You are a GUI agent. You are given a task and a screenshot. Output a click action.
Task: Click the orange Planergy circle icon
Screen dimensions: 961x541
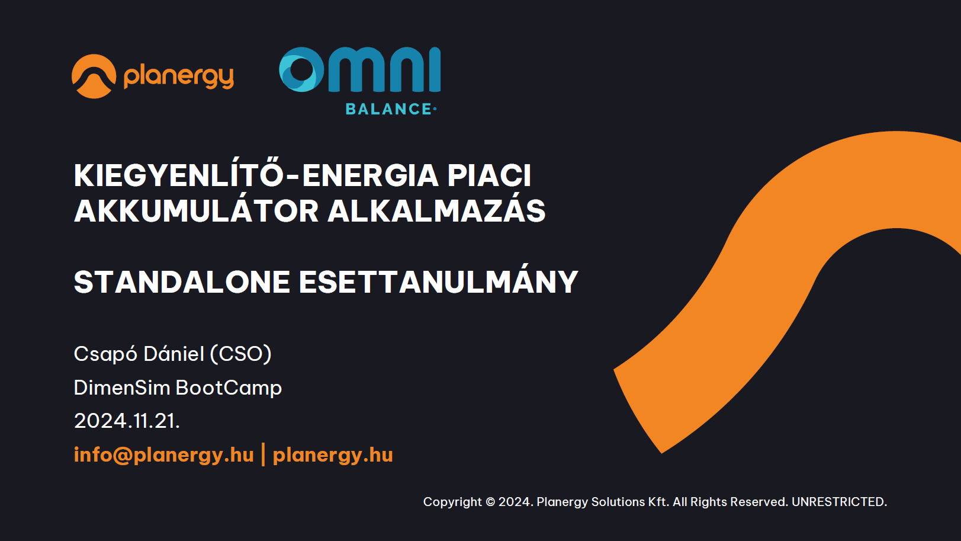pyautogui.click(x=94, y=76)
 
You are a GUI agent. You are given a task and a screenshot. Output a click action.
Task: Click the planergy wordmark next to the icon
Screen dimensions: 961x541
pyautogui.click(x=178, y=77)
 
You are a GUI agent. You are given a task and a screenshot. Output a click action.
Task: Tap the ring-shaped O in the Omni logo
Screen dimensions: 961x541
pyautogui.click(x=301, y=69)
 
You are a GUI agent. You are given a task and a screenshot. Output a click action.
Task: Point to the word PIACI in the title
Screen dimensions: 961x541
pyautogui.click(x=490, y=175)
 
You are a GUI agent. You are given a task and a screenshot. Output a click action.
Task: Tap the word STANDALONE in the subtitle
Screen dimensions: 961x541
pyautogui.click(x=182, y=282)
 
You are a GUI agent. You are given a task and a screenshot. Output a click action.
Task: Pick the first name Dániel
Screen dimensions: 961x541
pyautogui.click(x=173, y=354)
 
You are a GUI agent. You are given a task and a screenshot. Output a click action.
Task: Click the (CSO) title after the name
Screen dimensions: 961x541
pyautogui.click(x=240, y=354)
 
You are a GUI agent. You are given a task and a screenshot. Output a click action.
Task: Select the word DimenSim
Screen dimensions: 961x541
pyautogui.click(x=122, y=388)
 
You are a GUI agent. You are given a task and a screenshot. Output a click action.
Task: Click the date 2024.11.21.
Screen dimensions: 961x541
pyautogui.click(x=127, y=421)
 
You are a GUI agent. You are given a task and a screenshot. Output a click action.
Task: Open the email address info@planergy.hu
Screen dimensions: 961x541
pyautogui.click(x=164, y=455)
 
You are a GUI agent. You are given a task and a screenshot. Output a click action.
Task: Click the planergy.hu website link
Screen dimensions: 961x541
pyautogui.click(x=333, y=455)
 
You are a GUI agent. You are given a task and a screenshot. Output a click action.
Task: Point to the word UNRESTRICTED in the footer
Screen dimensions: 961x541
pyautogui.click(x=839, y=502)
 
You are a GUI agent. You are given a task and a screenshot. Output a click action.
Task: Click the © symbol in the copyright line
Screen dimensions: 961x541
pyautogui.click(x=490, y=502)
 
